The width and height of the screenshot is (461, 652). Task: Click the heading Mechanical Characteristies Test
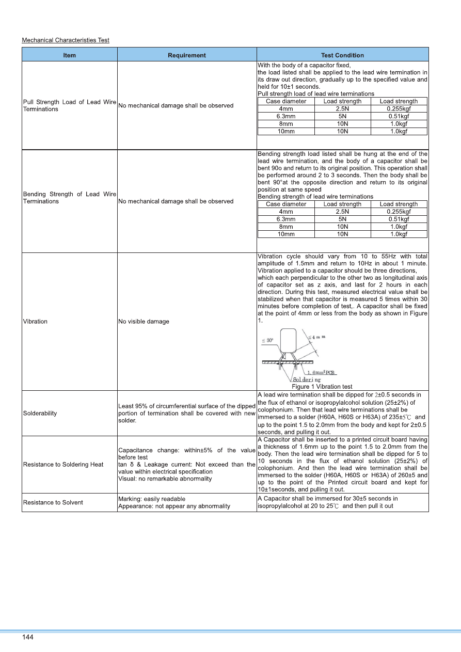click(66, 40)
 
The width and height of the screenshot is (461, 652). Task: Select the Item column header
click(70, 55)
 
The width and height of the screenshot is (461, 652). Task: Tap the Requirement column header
click(187, 55)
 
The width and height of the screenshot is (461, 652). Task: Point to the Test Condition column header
click(342, 55)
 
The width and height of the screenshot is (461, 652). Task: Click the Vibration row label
click(36, 322)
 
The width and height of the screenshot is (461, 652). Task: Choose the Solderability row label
click(40, 414)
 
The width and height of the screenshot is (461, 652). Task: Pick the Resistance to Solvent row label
click(53, 503)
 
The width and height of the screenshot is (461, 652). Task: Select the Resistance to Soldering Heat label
click(63, 465)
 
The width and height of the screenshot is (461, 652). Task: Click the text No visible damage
click(144, 322)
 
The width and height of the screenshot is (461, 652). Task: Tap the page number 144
click(28, 638)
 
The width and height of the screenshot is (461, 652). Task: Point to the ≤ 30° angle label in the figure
click(268, 341)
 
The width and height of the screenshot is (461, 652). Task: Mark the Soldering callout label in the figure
click(307, 379)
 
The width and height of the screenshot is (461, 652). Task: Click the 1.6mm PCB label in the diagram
click(322, 372)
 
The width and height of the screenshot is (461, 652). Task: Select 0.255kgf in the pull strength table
click(399, 109)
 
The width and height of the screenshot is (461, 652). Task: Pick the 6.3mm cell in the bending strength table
click(286, 219)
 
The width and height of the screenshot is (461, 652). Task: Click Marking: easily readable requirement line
click(152, 499)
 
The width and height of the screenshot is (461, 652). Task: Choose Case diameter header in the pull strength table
click(286, 101)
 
